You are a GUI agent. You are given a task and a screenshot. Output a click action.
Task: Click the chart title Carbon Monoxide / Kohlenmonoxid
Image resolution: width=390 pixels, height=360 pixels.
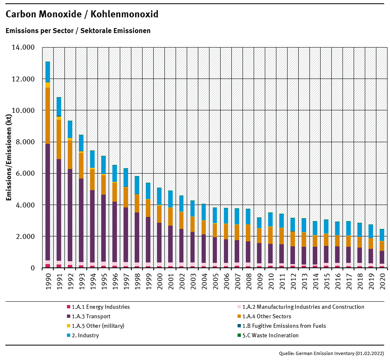82,14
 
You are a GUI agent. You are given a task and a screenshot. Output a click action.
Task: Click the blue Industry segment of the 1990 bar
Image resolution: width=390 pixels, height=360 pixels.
48,72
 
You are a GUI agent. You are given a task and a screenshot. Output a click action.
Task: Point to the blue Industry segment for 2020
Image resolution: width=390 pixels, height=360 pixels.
382,235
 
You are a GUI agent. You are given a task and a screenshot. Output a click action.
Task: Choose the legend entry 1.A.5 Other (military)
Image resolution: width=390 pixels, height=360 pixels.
98,326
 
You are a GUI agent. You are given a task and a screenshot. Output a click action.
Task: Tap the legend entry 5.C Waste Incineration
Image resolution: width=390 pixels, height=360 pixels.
270,335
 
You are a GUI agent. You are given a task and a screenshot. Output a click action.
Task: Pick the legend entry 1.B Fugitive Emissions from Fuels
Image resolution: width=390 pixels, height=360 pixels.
284,326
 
